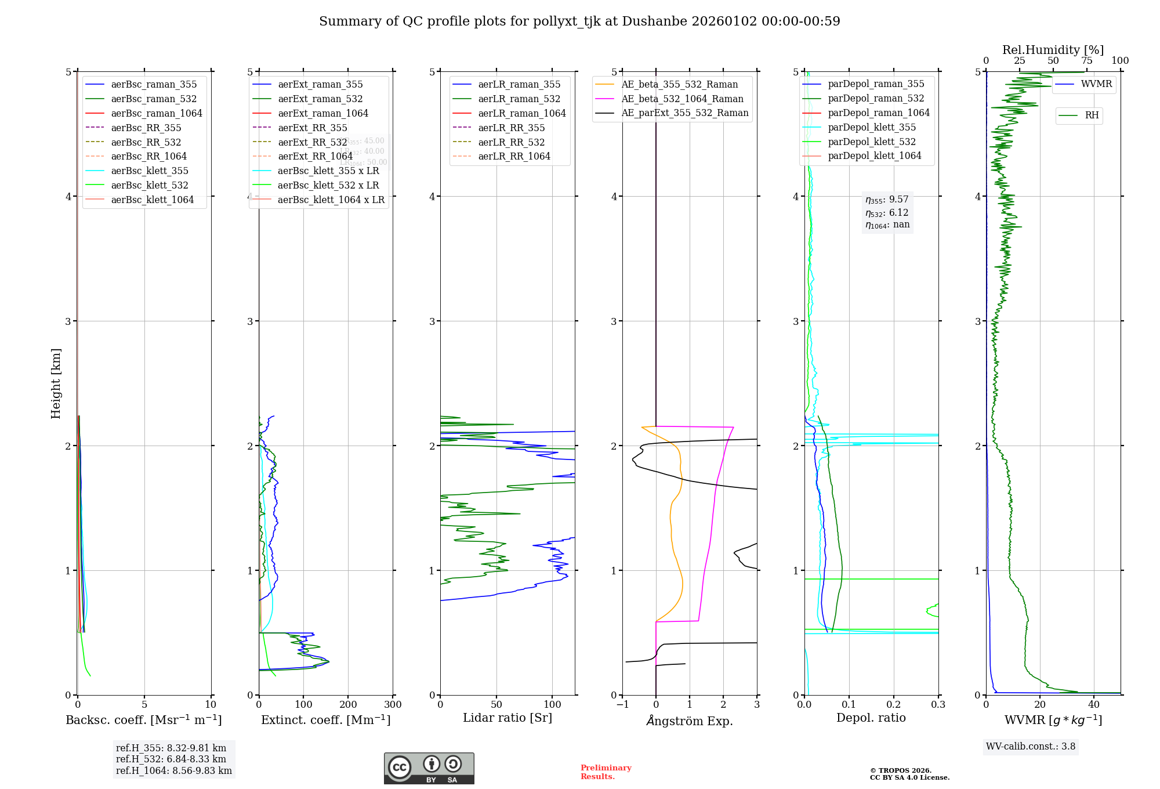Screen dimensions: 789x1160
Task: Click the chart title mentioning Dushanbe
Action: pos(579,21)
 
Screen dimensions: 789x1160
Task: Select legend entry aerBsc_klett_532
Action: pos(150,185)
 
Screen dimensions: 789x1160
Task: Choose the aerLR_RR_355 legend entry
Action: pos(511,128)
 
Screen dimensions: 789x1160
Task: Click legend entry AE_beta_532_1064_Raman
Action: pos(682,99)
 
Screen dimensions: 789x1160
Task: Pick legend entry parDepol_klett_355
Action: pos(872,127)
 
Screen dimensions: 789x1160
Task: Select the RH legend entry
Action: pos(1092,115)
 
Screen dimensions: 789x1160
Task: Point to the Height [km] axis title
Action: pos(56,383)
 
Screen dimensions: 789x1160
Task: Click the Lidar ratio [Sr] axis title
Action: pos(507,718)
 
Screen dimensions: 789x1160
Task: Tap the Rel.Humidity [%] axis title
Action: pos(1053,50)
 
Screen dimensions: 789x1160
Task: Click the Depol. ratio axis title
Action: pos(871,718)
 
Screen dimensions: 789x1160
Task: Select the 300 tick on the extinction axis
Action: pos(393,705)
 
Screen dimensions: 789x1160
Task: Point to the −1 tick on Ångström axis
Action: pos(622,705)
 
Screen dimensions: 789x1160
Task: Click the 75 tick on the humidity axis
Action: pos(1087,61)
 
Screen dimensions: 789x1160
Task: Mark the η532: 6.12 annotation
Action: pos(887,213)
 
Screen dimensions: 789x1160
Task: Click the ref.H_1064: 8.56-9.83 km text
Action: pos(174,771)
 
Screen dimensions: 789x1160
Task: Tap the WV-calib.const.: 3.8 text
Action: pos(1031,747)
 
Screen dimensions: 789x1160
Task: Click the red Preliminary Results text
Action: pos(606,772)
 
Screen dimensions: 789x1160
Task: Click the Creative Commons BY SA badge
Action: pos(429,769)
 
